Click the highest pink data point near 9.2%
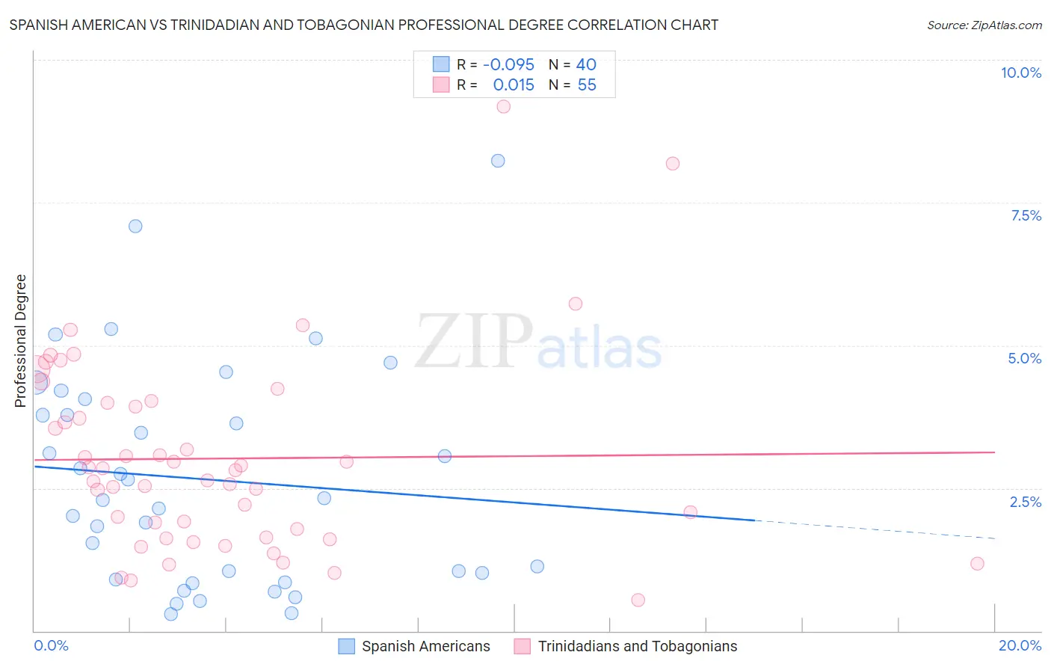504,106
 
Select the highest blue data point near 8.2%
498,161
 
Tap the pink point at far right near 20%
977,564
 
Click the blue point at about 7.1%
135,226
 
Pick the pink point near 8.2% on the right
673,164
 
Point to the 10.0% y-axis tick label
1020,73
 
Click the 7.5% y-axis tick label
1026,215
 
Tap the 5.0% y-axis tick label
1024,358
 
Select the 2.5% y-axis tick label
1025,502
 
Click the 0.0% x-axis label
51,645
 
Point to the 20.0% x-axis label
1020,645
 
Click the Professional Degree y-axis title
20,341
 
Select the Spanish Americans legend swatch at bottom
346,646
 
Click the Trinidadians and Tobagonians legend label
637,646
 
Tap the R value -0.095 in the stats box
508,65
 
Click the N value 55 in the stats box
587,85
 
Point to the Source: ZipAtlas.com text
984,25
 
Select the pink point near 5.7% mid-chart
575,304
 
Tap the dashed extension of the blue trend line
875,529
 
